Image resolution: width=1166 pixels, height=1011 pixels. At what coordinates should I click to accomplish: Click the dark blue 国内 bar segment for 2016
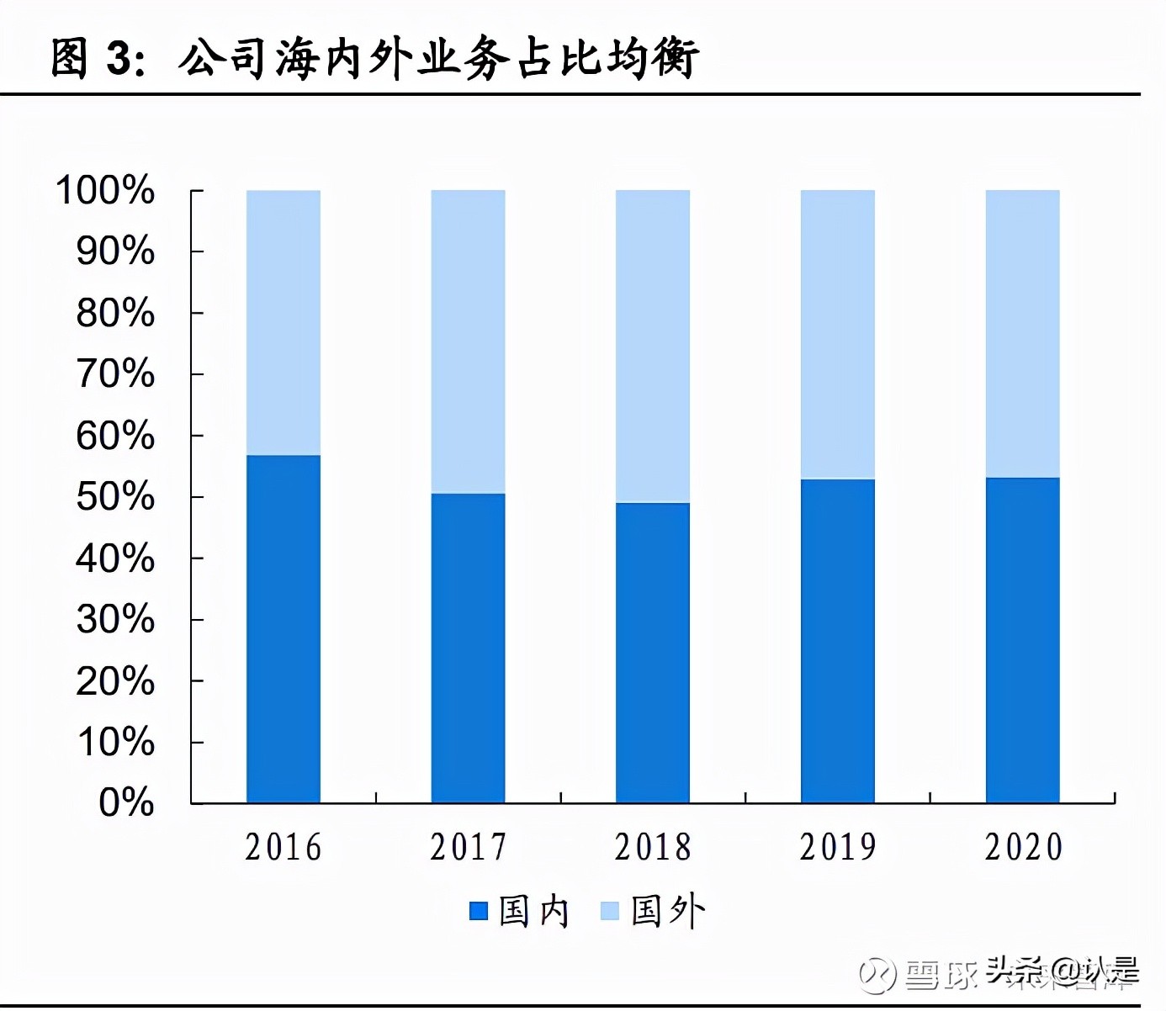coord(284,629)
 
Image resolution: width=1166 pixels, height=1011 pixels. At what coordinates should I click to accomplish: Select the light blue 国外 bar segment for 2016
coord(284,323)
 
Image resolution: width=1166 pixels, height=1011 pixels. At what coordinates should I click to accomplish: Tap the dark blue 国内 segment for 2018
coord(653,653)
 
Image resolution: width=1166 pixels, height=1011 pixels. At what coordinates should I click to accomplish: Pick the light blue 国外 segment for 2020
coord(1022,334)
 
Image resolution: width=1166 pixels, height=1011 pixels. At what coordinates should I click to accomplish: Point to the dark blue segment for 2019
coord(837,641)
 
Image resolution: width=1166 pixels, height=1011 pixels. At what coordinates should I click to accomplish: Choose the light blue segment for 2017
coord(468,341)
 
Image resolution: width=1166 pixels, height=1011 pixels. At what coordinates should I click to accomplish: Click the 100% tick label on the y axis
coord(105,190)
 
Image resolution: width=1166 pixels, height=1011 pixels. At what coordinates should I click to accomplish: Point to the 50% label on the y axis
coord(115,497)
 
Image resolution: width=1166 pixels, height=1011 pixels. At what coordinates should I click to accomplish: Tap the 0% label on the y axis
coord(126,802)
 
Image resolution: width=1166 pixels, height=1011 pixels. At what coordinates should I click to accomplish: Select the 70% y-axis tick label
coord(115,374)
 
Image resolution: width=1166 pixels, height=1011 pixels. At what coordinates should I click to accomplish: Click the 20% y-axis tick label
coord(115,681)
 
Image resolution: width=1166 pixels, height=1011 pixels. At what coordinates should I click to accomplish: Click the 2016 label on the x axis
coord(284,847)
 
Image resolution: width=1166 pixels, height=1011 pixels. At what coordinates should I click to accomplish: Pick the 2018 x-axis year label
coord(653,847)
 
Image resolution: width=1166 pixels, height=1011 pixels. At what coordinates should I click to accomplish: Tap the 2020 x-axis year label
coord(1023,847)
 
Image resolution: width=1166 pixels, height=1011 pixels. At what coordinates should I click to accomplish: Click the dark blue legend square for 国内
coord(479,911)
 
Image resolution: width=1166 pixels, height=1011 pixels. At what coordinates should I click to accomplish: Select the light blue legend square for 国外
coord(610,911)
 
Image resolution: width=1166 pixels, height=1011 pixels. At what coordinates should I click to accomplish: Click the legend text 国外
coord(668,911)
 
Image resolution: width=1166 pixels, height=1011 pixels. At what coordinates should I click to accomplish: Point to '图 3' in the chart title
coord(93,59)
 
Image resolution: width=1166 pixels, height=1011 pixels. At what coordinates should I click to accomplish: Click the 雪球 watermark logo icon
coord(877,975)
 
